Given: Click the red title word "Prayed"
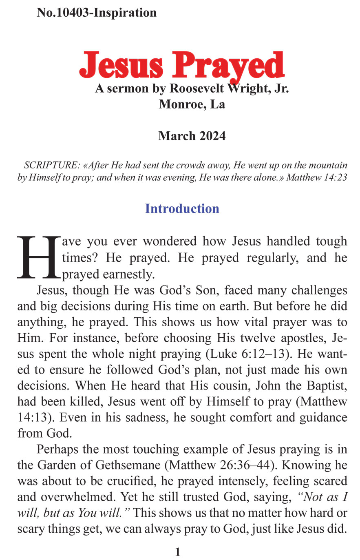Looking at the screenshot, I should click(x=230, y=66).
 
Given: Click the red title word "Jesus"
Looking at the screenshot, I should click(x=121, y=66).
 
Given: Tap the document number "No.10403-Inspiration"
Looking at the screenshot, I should click(x=97, y=13).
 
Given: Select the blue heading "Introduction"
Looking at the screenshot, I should click(x=182, y=208).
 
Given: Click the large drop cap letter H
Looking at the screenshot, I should click(x=39, y=257).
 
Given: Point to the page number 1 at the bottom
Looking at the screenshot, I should click(x=178, y=552).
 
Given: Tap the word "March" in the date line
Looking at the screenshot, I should click(x=173, y=136).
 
